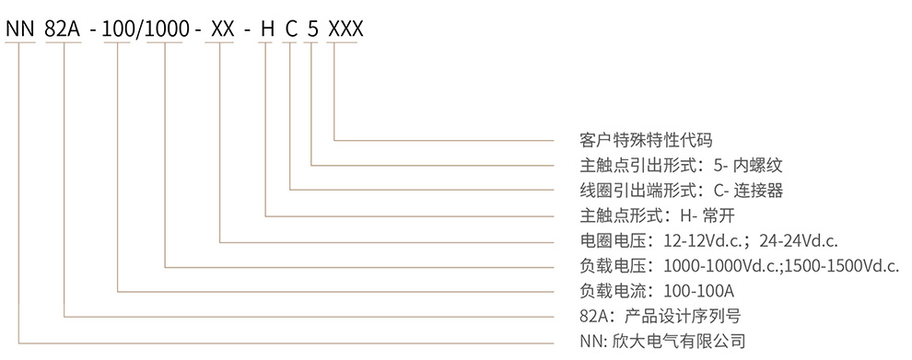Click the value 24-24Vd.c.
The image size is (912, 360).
pyautogui.click(x=797, y=241)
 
